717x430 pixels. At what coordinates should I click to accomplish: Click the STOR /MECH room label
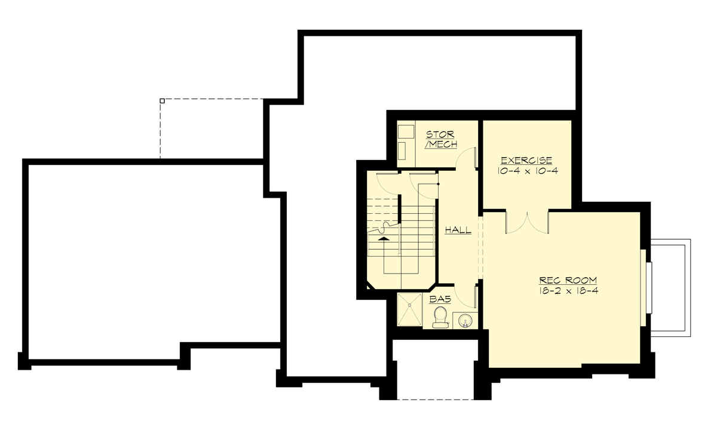441,140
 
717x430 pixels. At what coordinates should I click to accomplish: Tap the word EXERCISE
526,161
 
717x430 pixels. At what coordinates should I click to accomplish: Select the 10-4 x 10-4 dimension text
526,171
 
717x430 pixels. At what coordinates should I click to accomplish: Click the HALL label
458,229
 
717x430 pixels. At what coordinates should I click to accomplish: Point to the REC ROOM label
568,280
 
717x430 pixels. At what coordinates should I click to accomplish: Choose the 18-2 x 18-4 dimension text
568,291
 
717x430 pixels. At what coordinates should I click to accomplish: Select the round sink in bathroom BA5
464,321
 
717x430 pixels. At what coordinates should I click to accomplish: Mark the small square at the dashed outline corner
162,101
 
